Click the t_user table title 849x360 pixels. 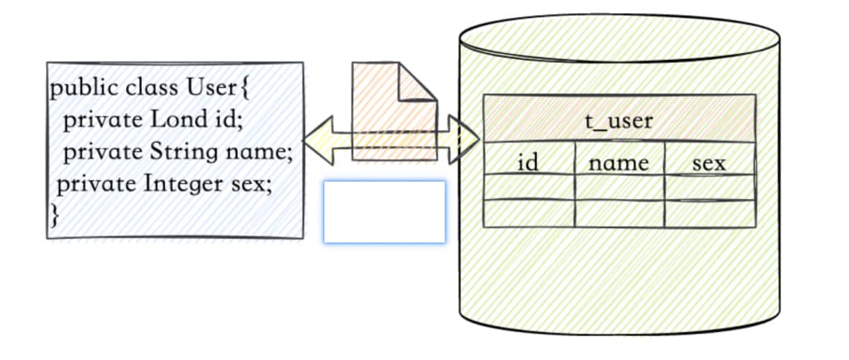coord(619,121)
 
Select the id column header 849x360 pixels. coord(528,163)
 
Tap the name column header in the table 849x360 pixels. coord(619,163)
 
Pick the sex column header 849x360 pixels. coord(709,163)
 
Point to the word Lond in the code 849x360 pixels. coord(175,119)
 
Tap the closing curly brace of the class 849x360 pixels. coord(56,215)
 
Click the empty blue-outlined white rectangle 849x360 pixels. coord(384,212)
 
